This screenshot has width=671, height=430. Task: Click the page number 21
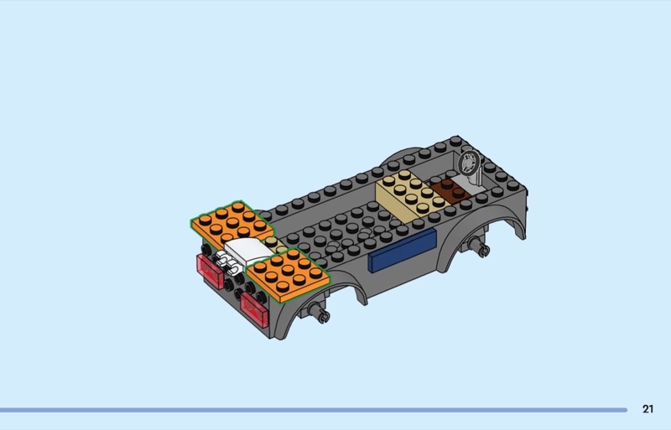(x=648, y=409)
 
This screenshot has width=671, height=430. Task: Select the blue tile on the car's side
(x=402, y=251)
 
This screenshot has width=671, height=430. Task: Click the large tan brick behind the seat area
(x=410, y=196)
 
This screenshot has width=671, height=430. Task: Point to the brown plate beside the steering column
(x=450, y=190)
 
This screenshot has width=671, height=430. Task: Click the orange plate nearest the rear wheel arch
(x=288, y=275)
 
